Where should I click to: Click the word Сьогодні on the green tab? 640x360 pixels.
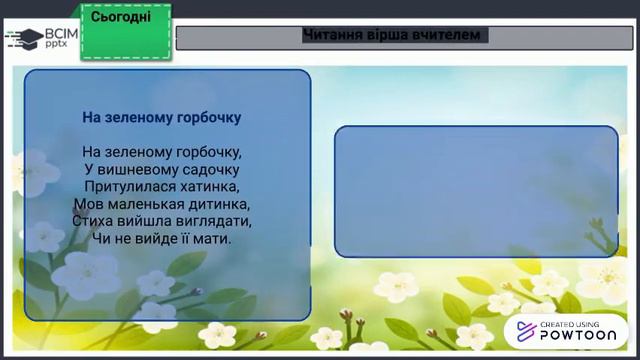coord(121,18)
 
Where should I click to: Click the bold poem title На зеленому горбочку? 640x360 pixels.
coord(162,117)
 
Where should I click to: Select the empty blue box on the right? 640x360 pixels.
coord(475,191)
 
